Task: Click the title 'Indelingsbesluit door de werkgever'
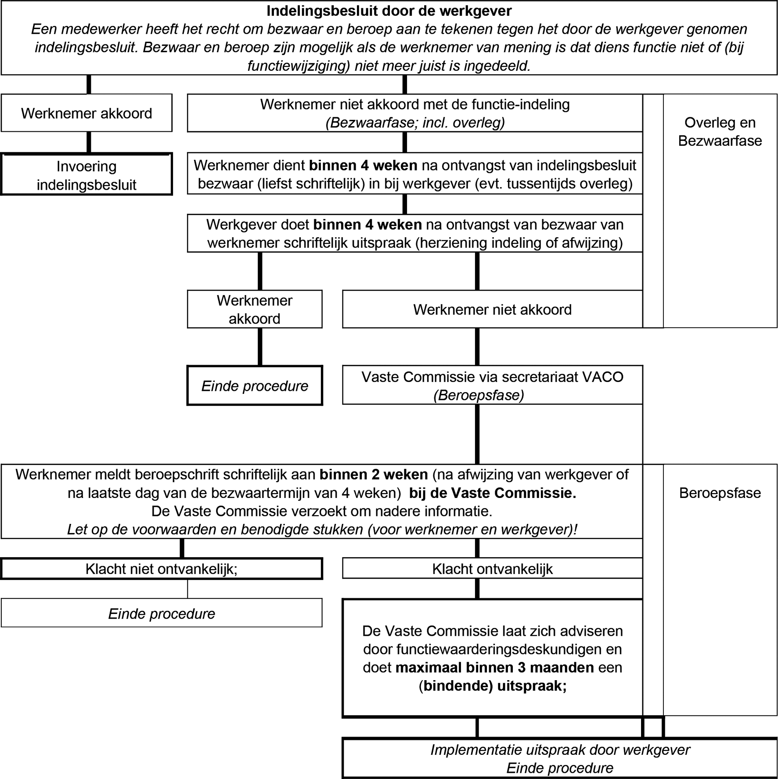(x=389, y=11)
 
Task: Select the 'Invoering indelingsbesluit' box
(x=86, y=174)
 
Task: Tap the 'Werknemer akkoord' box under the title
(x=86, y=113)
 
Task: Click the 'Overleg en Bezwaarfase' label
(x=720, y=131)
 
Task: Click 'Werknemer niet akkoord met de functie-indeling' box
(x=415, y=113)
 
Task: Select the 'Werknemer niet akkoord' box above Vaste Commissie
(x=493, y=309)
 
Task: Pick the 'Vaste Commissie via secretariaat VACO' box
(x=493, y=385)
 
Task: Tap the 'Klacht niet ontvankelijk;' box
(x=162, y=569)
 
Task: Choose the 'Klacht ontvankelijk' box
(x=493, y=568)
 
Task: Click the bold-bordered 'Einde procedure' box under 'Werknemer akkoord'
(x=255, y=385)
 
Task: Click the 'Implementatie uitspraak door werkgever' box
(x=560, y=758)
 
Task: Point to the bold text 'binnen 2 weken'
(x=374, y=475)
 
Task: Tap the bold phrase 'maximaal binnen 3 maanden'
(x=495, y=668)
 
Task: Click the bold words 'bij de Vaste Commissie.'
(x=493, y=493)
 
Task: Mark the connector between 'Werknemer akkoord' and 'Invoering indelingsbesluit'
(x=89, y=142)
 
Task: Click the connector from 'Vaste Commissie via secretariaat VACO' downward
(x=477, y=434)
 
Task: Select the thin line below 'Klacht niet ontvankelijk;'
(x=187, y=589)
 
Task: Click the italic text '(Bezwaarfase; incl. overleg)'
(x=415, y=123)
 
